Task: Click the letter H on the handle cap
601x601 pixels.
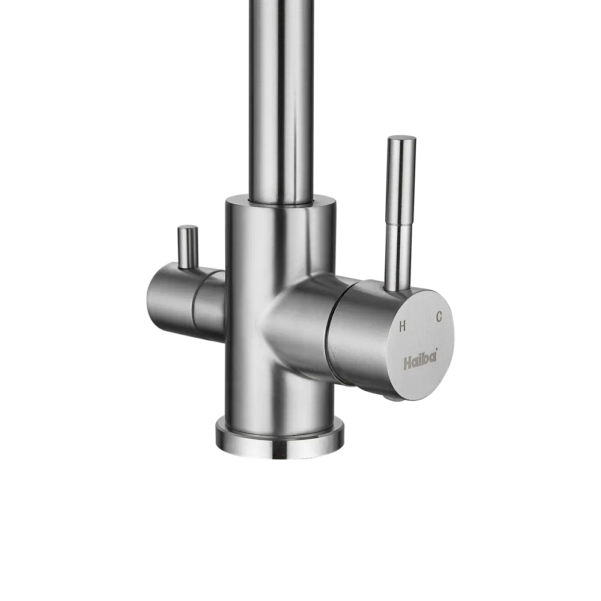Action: pos(403,326)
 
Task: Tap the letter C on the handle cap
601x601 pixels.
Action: pos(439,317)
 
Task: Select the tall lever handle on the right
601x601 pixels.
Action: pos(400,213)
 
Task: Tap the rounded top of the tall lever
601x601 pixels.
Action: pos(401,138)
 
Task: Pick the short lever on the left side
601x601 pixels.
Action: pos(188,247)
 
